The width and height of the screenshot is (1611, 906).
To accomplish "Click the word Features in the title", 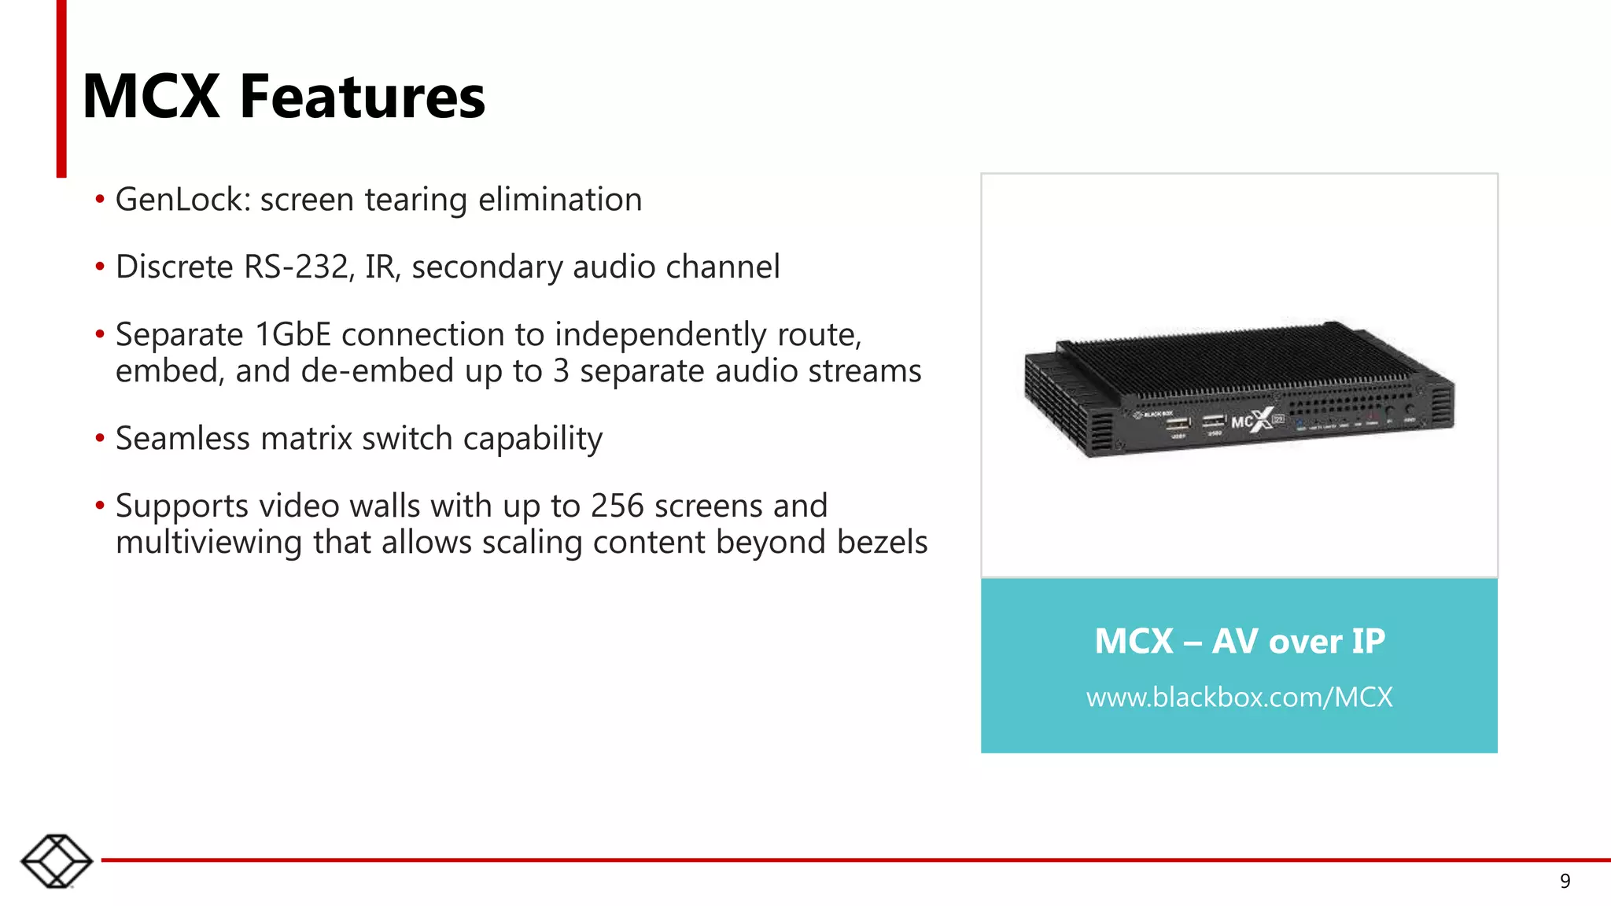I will pyautogui.click(x=362, y=97).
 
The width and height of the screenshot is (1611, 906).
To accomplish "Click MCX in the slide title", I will pyautogui.click(x=151, y=97).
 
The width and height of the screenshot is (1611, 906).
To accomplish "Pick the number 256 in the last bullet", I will pyautogui.click(x=617, y=506).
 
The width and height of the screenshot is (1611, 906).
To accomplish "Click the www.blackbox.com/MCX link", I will pyautogui.click(x=1239, y=698).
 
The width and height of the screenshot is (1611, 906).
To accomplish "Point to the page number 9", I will pyautogui.click(x=1565, y=882).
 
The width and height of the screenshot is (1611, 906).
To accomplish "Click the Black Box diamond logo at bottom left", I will pyautogui.click(x=57, y=861).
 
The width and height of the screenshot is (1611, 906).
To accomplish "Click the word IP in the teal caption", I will pyautogui.click(x=1368, y=641).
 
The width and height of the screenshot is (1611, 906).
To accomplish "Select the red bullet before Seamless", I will pyautogui.click(x=100, y=438).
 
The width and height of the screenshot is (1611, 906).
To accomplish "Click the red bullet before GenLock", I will pyautogui.click(x=100, y=199).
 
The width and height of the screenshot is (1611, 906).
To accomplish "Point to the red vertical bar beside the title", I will pyautogui.click(x=61, y=88).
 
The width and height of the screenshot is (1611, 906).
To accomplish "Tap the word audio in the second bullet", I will pyautogui.click(x=614, y=267).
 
